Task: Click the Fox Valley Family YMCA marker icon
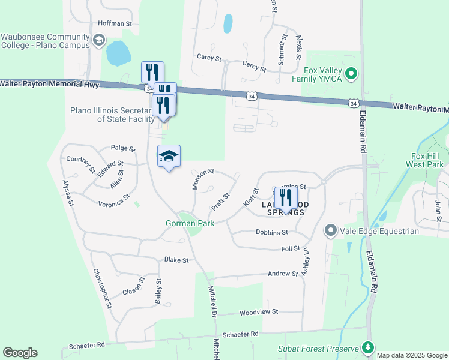point(352,75)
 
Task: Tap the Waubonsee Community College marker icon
point(99,41)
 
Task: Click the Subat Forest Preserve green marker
point(367,348)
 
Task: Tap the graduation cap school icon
point(169,157)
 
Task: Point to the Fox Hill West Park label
point(424,160)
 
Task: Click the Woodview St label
point(259,312)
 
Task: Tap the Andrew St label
point(282,274)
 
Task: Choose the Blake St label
point(176,260)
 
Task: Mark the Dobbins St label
point(272,232)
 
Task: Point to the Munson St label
point(203,179)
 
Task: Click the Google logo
point(20,353)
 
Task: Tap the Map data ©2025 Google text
point(412,355)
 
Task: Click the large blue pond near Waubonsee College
point(118,53)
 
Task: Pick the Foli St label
point(290,248)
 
